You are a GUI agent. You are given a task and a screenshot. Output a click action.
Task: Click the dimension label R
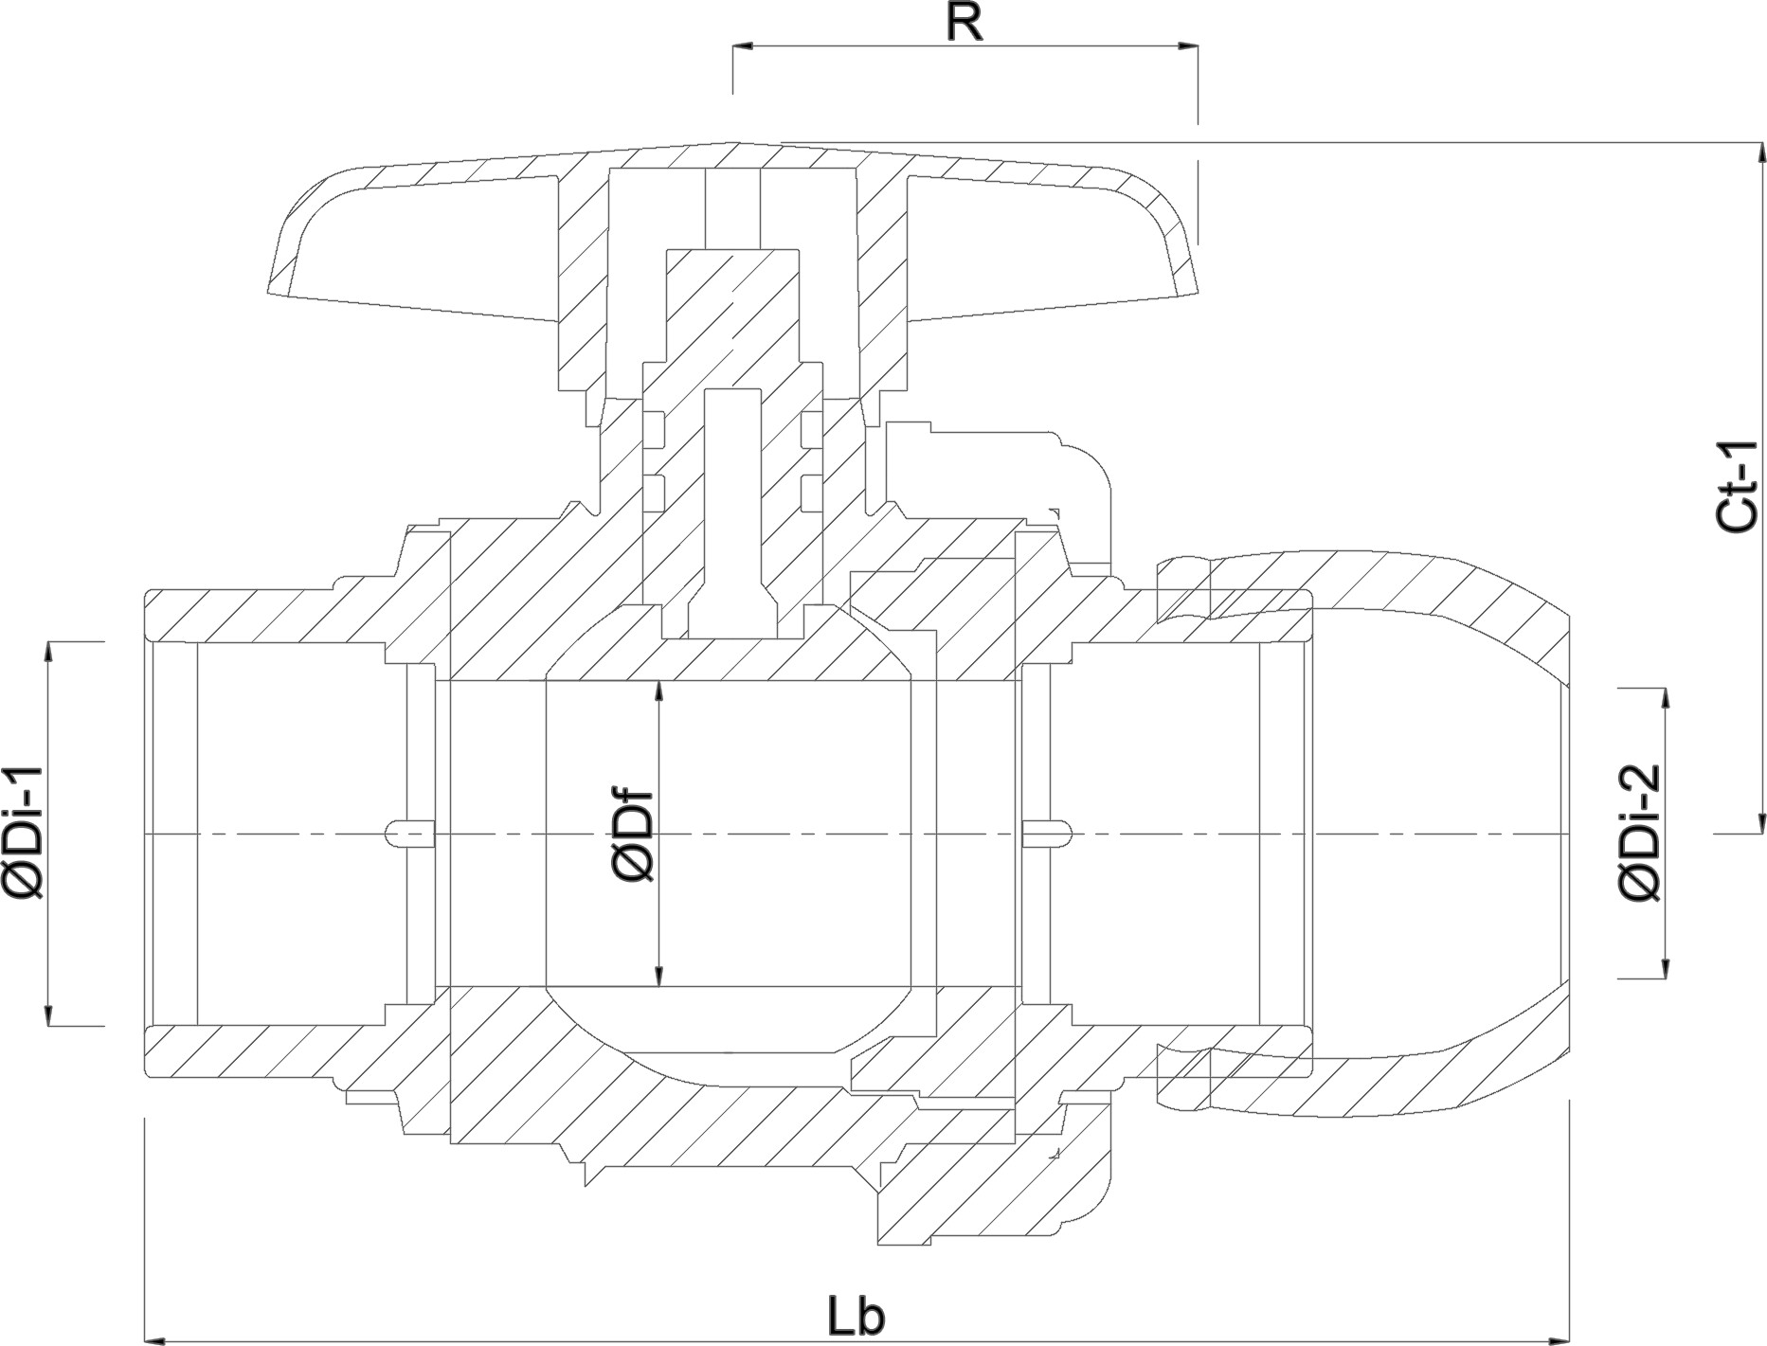pos(965,24)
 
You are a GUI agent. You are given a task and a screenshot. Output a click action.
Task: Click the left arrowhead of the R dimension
pos(744,45)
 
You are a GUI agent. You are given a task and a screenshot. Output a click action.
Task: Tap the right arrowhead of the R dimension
pos(1187,45)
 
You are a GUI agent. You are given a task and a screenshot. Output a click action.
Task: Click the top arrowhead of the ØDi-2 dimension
pos(1664,699)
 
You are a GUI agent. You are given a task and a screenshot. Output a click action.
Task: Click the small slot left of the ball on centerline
pos(411,835)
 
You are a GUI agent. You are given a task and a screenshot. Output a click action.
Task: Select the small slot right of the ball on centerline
pos(1047,835)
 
